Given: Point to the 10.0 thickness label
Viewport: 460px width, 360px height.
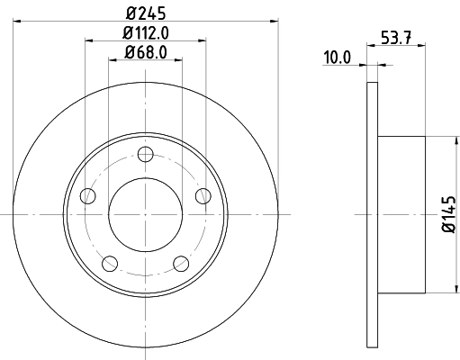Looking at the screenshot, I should (338, 58).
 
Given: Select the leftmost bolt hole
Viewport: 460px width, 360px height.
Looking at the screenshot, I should (87, 196).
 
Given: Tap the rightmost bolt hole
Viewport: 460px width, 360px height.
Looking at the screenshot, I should (203, 196).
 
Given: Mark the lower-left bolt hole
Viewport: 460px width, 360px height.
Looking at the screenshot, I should (110, 263).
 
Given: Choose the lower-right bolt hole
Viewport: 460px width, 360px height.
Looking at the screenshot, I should (180, 263).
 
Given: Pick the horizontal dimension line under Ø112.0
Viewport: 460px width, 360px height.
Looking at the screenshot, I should (99, 40).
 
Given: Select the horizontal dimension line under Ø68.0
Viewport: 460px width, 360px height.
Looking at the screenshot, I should (115, 60).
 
